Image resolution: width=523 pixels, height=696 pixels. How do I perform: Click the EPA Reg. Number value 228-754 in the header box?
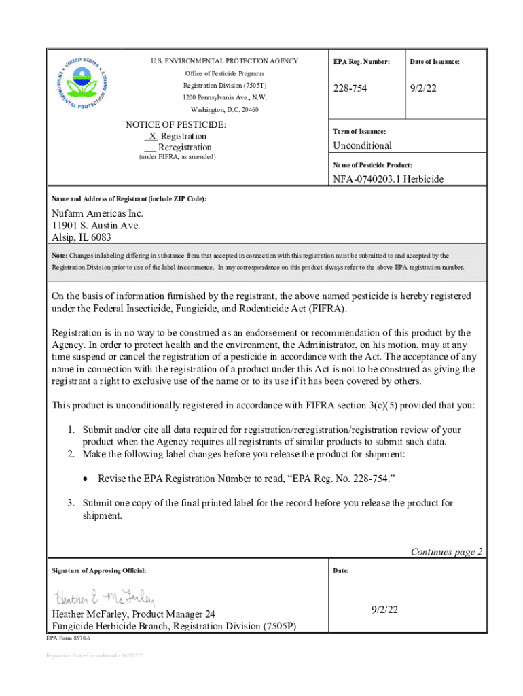[x=350, y=89]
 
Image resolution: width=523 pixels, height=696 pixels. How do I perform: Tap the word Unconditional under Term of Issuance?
[x=362, y=145]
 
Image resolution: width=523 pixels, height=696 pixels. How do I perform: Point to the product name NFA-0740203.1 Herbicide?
[x=388, y=179]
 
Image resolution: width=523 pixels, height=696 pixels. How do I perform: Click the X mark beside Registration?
[x=153, y=136]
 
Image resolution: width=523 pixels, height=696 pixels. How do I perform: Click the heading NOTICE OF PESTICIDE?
[x=176, y=125]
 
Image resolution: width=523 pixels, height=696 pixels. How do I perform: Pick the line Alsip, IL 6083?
[x=82, y=237]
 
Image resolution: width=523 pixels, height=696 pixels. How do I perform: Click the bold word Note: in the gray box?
[x=60, y=256]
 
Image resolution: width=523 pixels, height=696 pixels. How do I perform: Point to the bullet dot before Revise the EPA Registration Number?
[x=85, y=478]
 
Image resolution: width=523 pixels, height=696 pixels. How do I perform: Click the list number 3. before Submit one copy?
[x=70, y=503]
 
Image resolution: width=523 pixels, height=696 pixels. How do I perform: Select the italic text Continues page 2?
[x=446, y=551]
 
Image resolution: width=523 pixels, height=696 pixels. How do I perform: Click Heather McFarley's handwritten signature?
[x=105, y=598]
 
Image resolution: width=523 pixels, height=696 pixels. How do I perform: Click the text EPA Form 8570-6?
[x=68, y=640]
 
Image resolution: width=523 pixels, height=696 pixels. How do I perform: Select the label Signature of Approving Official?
[x=99, y=570]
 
